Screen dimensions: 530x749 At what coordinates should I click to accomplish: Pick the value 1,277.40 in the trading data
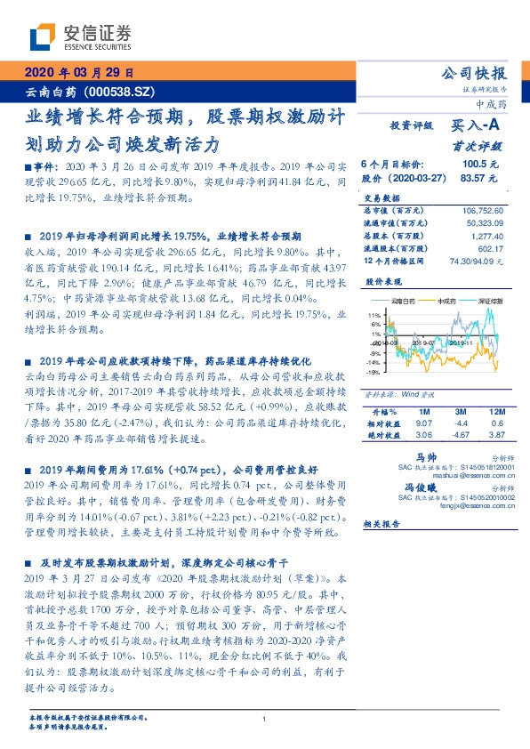(x=486, y=236)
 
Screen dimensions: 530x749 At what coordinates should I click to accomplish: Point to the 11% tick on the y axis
(x=373, y=315)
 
